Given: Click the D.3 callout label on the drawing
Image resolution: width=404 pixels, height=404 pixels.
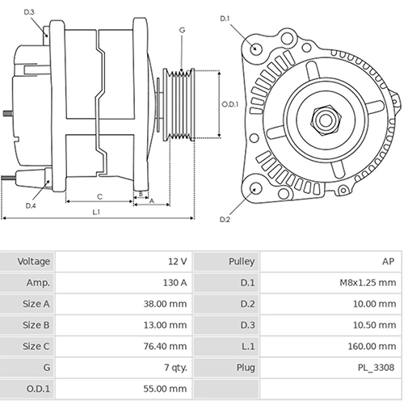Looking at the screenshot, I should click(29, 13).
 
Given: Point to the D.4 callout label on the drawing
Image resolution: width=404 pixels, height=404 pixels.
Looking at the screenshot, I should click(30, 206).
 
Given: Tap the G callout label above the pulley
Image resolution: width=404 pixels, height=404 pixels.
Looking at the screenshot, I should click(183, 30).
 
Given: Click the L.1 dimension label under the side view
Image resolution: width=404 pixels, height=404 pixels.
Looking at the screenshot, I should click(96, 212).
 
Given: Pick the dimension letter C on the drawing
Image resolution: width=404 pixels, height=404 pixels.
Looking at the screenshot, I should click(99, 196).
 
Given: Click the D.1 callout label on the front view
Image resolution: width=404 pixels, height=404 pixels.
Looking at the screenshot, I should click(225, 19).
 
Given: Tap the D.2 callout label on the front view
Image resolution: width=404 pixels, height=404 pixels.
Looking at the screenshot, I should click(225, 219).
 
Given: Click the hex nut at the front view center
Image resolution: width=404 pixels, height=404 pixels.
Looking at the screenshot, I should click(325, 120).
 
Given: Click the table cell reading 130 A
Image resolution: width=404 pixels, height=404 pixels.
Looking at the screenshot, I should click(175, 283).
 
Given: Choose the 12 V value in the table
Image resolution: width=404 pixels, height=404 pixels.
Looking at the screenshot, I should click(179, 262).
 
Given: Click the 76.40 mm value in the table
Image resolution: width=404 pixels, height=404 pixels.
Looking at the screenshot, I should click(167, 346).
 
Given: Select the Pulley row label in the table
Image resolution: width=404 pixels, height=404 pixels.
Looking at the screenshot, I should click(242, 262).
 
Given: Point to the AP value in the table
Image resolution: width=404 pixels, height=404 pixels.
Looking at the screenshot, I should click(389, 262).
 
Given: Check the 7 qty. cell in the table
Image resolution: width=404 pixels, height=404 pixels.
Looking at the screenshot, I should click(174, 367).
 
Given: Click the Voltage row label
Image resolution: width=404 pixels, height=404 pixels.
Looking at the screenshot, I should click(34, 262).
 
